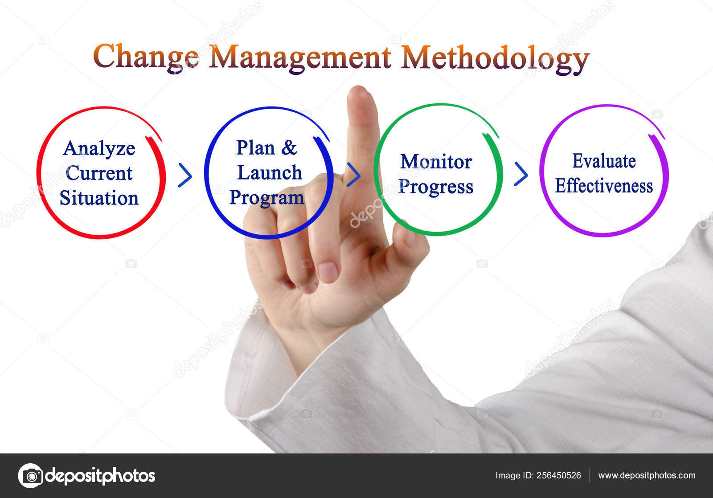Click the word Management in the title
[x=300, y=57]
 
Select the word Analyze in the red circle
[x=99, y=149]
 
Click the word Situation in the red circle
[x=99, y=198]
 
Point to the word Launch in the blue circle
[x=269, y=173]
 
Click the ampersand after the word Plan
[x=289, y=148]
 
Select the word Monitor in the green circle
[x=435, y=162]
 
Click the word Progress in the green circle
[x=435, y=187]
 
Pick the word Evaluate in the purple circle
[x=603, y=161]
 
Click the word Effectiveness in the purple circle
[x=603, y=186]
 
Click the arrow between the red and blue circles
[x=185, y=175]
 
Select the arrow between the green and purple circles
[x=520, y=174]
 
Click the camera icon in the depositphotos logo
[x=31, y=476]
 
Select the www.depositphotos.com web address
[x=646, y=476]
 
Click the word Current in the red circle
[x=99, y=173]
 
